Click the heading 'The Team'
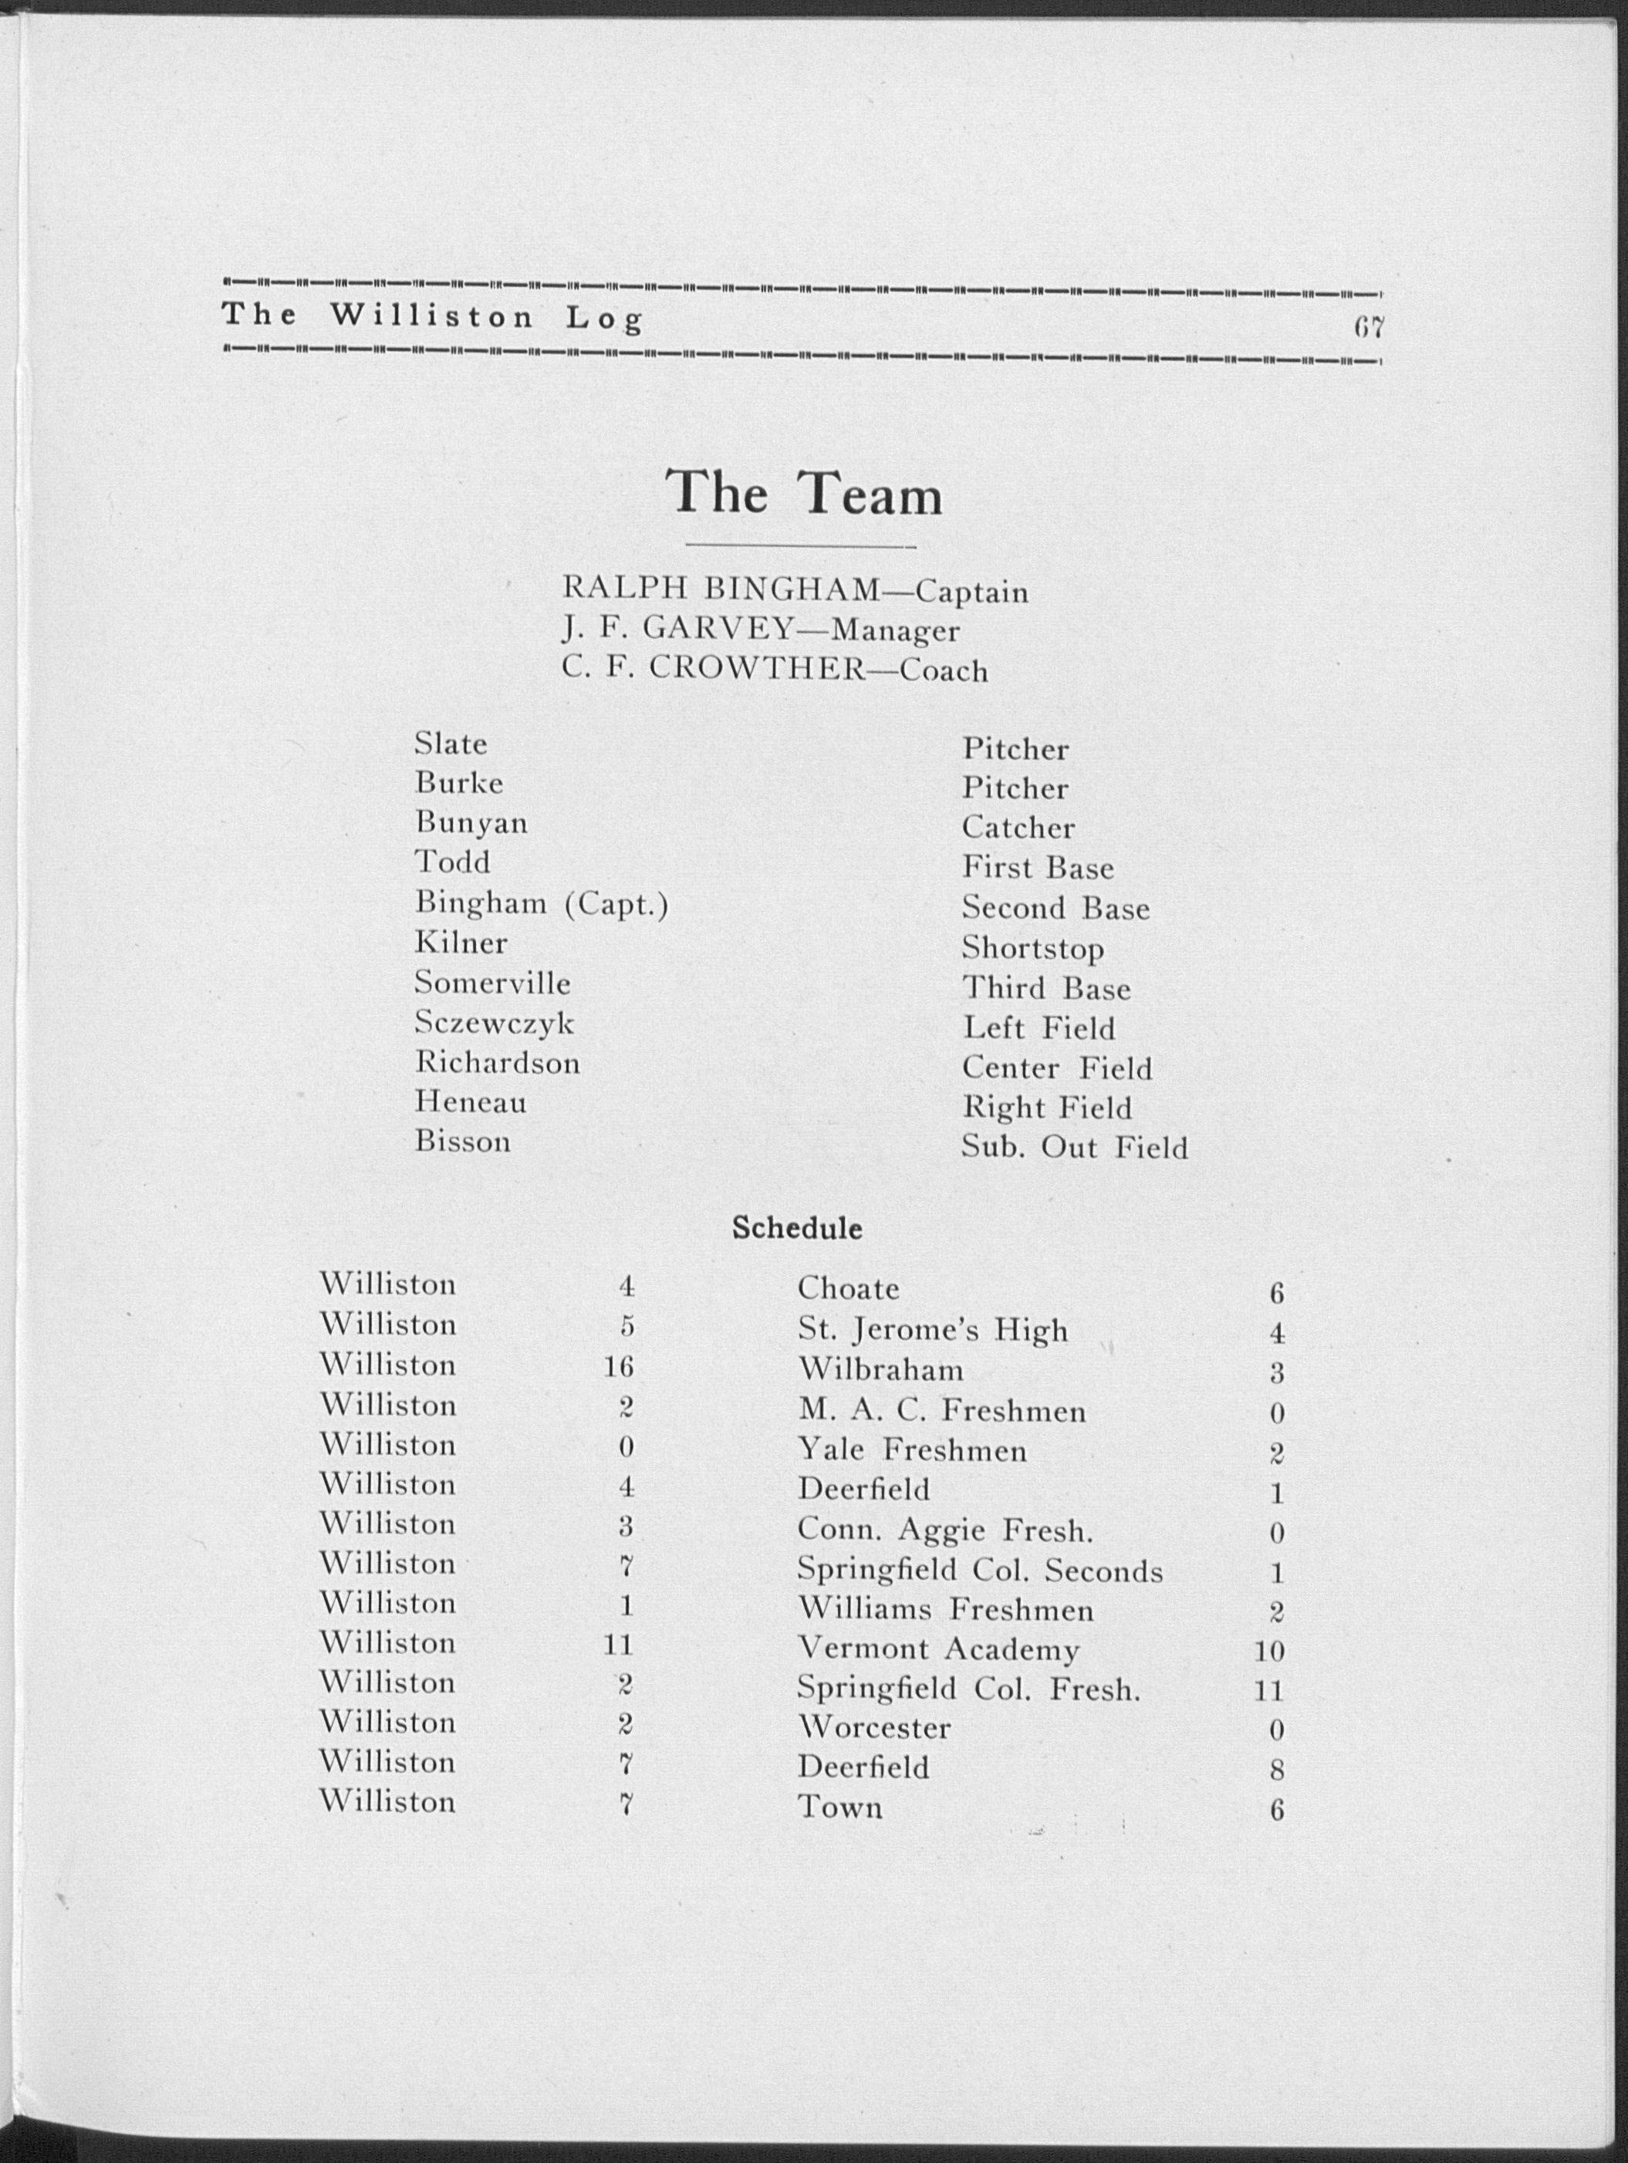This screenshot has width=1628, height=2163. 804,493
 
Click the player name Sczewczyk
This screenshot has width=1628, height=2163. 494,1024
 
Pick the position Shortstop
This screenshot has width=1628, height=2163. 1032,949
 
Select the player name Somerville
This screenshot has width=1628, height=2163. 491,983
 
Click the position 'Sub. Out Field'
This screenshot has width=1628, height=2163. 1073,1147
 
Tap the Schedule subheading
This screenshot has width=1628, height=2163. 797,1228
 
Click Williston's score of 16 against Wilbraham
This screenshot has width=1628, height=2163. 619,1366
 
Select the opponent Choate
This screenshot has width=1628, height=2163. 848,1289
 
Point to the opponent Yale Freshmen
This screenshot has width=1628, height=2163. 912,1449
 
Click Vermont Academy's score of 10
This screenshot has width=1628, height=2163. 1269,1652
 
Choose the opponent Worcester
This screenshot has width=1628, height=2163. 874,1728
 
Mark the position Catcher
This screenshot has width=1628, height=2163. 1018,828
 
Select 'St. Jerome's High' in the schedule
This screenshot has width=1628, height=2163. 933,1330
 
